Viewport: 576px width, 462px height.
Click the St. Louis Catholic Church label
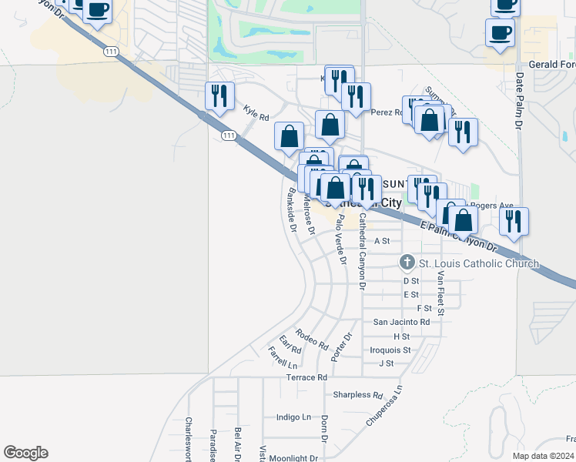pos(478,263)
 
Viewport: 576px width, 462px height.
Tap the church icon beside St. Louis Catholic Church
pos(407,263)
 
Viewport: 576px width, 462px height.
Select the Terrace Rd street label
pos(306,377)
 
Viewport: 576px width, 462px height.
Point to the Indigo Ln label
pos(293,417)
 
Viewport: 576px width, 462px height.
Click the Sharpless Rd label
pos(358,395)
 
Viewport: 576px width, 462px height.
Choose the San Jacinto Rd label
pos(401,321)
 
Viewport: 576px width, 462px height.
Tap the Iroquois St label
pos(390,350)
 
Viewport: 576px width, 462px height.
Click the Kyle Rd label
pos(256,113)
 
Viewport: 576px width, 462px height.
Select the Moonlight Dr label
pos(294,458)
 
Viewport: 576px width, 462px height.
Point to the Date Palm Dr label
pos(519,101)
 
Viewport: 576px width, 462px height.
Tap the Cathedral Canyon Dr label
pos(361,252)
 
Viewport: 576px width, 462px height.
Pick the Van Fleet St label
pos(440,293)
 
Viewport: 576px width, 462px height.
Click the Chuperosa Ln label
pos(384,406)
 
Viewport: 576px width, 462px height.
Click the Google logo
pos(25,453)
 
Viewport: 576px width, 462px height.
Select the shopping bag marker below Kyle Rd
pos(289,136)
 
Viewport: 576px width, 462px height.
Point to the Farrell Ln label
pos(282,357)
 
